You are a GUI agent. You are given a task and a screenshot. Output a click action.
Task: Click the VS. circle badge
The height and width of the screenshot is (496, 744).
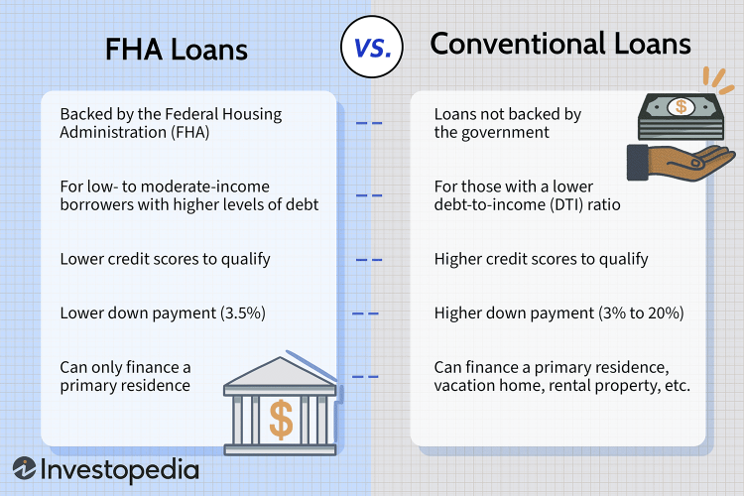pos(372,47)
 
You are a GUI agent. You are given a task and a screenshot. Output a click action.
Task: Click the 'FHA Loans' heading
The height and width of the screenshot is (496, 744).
pos(176,50)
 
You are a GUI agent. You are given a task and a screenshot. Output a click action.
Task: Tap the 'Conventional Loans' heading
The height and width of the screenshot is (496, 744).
pos(560,44)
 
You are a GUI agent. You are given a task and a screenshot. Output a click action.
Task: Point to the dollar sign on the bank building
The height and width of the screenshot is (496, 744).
pos(281,419)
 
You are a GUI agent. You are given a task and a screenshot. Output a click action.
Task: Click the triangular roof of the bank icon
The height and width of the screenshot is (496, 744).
pos(280,372)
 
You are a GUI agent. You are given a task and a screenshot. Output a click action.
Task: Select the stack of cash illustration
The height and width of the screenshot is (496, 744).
pos(681,116)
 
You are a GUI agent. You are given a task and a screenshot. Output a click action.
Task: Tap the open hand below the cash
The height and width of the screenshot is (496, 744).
pos(682,163)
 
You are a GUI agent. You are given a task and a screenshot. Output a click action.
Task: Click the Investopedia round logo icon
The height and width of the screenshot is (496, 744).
pos(24,468)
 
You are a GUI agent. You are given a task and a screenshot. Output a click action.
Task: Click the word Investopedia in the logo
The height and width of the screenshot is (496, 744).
pos(120,470)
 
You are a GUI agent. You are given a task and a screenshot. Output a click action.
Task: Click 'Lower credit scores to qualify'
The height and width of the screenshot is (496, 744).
pos(165,259)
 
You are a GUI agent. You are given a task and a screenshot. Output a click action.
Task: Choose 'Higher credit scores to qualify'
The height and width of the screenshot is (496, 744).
pos(541,259)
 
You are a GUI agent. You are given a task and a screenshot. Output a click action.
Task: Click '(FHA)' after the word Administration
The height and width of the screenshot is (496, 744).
pos(189,132)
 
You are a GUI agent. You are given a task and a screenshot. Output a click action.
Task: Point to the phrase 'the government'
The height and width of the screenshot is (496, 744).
pos(492,132)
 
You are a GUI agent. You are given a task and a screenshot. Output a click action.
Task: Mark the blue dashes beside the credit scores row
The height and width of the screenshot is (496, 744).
pos(369,260)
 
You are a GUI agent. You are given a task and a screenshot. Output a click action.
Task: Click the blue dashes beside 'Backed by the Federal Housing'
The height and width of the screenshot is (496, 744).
pos(369,123)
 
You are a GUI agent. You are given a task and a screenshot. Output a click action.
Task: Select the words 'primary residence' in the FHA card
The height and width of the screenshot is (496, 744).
pos(125,386)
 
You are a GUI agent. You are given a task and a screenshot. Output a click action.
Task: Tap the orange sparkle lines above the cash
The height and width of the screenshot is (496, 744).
pos(718,79)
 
